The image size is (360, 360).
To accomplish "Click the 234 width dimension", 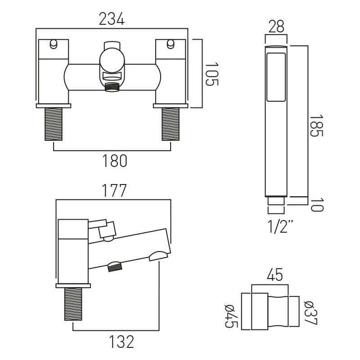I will coord(112,18).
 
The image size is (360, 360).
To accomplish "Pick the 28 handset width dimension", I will coord(276,27).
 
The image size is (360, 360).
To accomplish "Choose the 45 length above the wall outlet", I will coord(275,275).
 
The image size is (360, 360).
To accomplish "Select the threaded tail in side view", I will coord(73,304).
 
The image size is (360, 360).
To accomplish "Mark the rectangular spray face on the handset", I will coord(276,76).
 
